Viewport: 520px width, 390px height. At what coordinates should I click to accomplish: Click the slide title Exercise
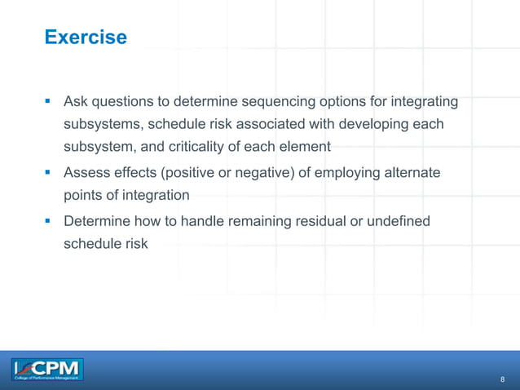pos(86,38)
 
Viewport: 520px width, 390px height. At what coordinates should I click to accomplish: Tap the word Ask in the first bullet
pos(77,102)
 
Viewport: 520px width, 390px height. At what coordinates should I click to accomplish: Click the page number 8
pos(502,379)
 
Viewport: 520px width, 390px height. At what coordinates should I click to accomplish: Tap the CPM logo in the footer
pos(47,370)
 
